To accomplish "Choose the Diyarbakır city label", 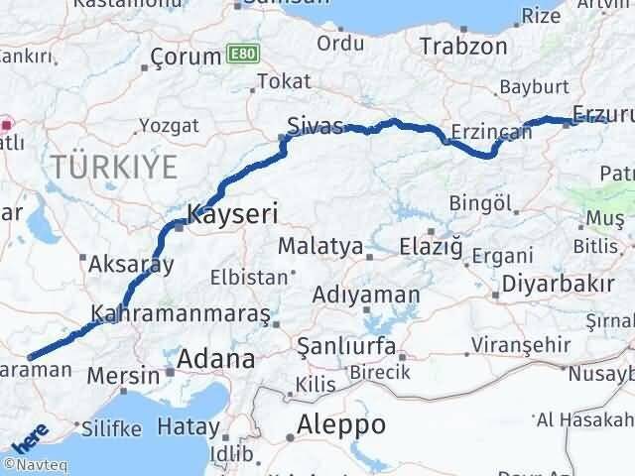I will [559, 284].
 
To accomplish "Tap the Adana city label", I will [216, 358].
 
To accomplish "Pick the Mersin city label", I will [124, 376].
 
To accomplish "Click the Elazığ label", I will [432, 246].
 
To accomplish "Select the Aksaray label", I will [132, 265].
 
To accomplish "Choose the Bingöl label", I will [479, 203].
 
